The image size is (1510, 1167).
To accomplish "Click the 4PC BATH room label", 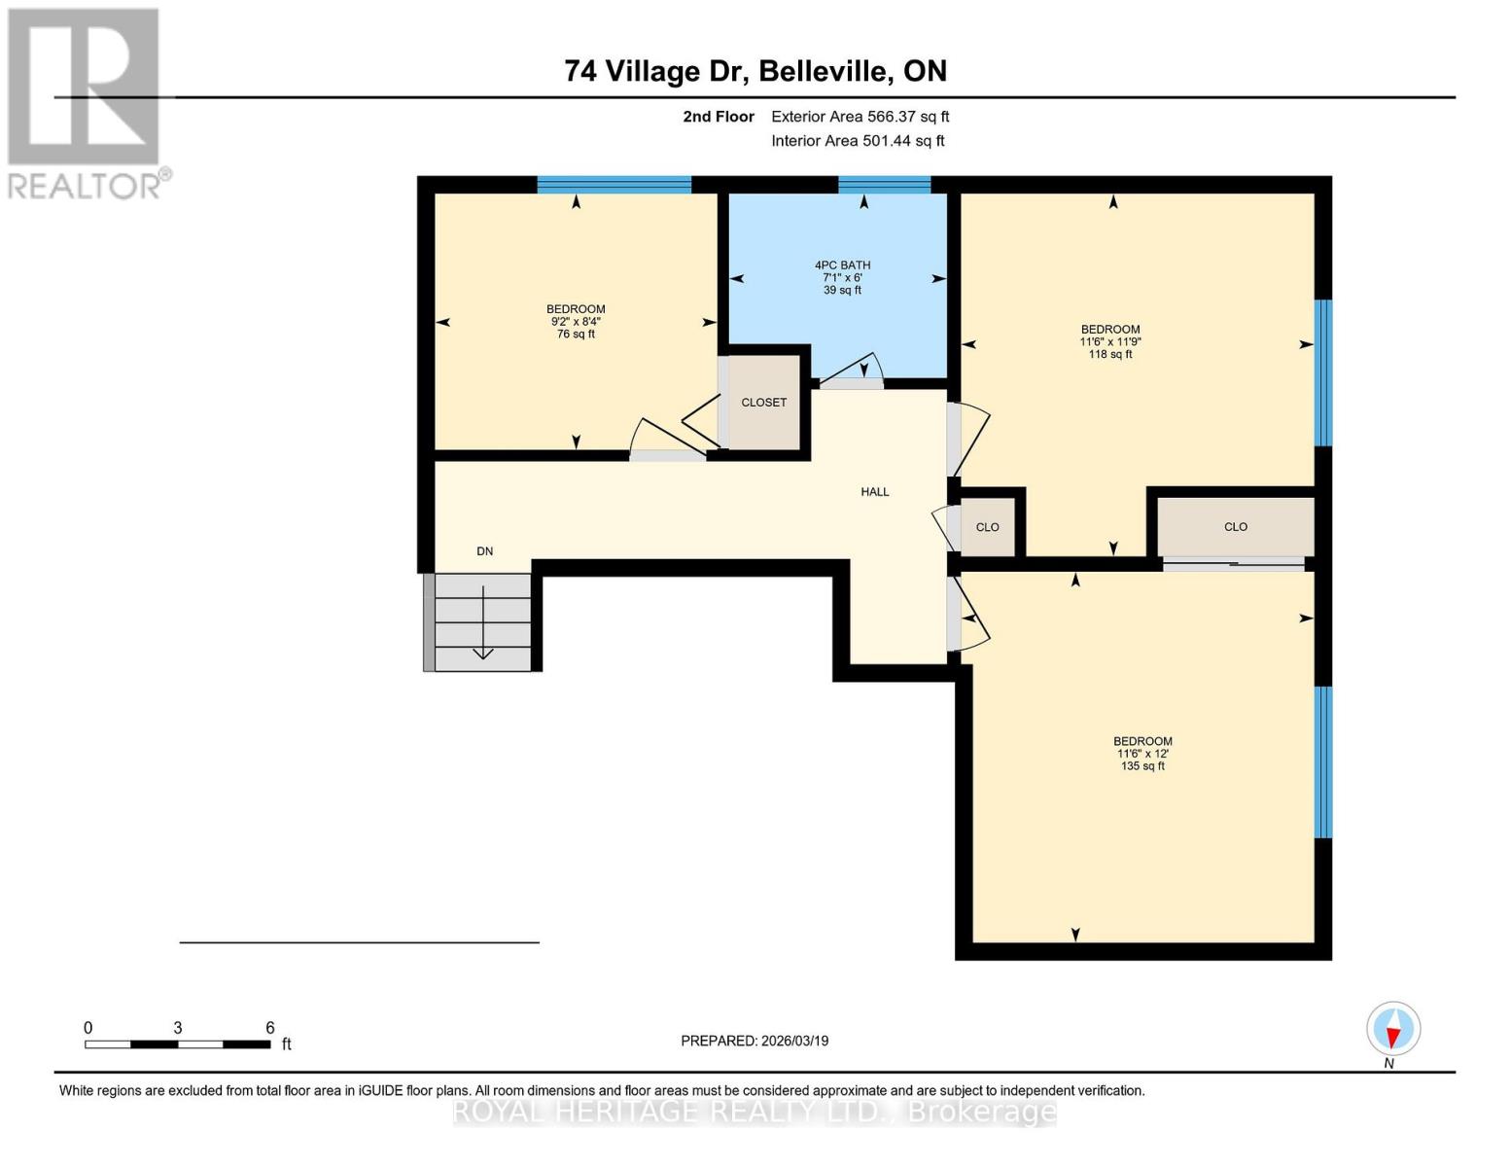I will [x=842, y=265].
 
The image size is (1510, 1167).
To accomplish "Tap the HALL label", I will [x=874, y=492].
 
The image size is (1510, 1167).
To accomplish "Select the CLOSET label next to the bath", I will [x=763, y=403].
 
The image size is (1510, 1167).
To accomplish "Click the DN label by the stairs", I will [x=484, y=551].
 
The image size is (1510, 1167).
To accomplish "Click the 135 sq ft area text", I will [x=1142, y=766].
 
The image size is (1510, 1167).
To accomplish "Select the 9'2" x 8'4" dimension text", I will [x=576, y=322].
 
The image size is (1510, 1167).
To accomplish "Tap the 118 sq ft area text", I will [x=1110, y=355].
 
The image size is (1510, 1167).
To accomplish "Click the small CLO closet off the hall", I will [x=987, y=527].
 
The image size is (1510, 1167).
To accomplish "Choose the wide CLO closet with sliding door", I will [x=1235, y=527].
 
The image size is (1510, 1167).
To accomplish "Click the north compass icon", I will [x=1393, y=1029].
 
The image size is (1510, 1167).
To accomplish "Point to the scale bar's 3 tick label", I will [x=178, y=1028].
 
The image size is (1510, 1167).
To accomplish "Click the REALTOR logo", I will [x=86, y=102].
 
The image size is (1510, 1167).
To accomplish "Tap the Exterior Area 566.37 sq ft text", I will [x=860, y=117].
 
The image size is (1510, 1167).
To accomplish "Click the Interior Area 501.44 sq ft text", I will [x=858, y=141].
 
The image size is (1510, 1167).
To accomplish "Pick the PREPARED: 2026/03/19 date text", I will [x=755, y=1041].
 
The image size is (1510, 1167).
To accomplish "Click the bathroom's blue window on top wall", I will [x=884, y=184].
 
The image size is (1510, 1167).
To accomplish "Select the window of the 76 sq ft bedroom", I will [x=614, y=184].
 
